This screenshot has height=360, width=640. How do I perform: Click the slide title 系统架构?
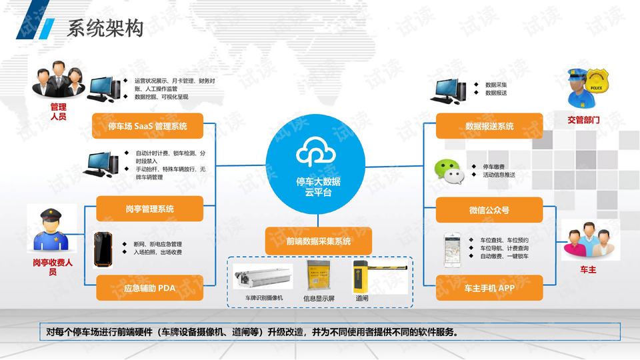point(105,27)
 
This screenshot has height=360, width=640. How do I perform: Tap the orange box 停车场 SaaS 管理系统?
point(147,126)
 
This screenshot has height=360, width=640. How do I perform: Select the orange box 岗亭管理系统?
point(149,209)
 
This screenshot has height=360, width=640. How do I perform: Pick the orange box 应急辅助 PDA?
point(149,289)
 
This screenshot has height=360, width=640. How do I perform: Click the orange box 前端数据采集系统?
point(318,241)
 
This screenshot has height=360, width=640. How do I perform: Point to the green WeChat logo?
point(448,171)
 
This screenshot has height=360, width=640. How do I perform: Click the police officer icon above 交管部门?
point(585,89)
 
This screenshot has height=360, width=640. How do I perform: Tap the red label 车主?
point(587,269)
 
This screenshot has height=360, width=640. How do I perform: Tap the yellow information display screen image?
point(317,275)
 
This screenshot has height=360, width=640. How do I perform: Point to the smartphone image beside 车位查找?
point(453,249)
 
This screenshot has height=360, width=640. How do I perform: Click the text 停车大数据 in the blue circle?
point(318,181)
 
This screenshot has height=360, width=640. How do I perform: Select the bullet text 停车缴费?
point(493,166)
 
